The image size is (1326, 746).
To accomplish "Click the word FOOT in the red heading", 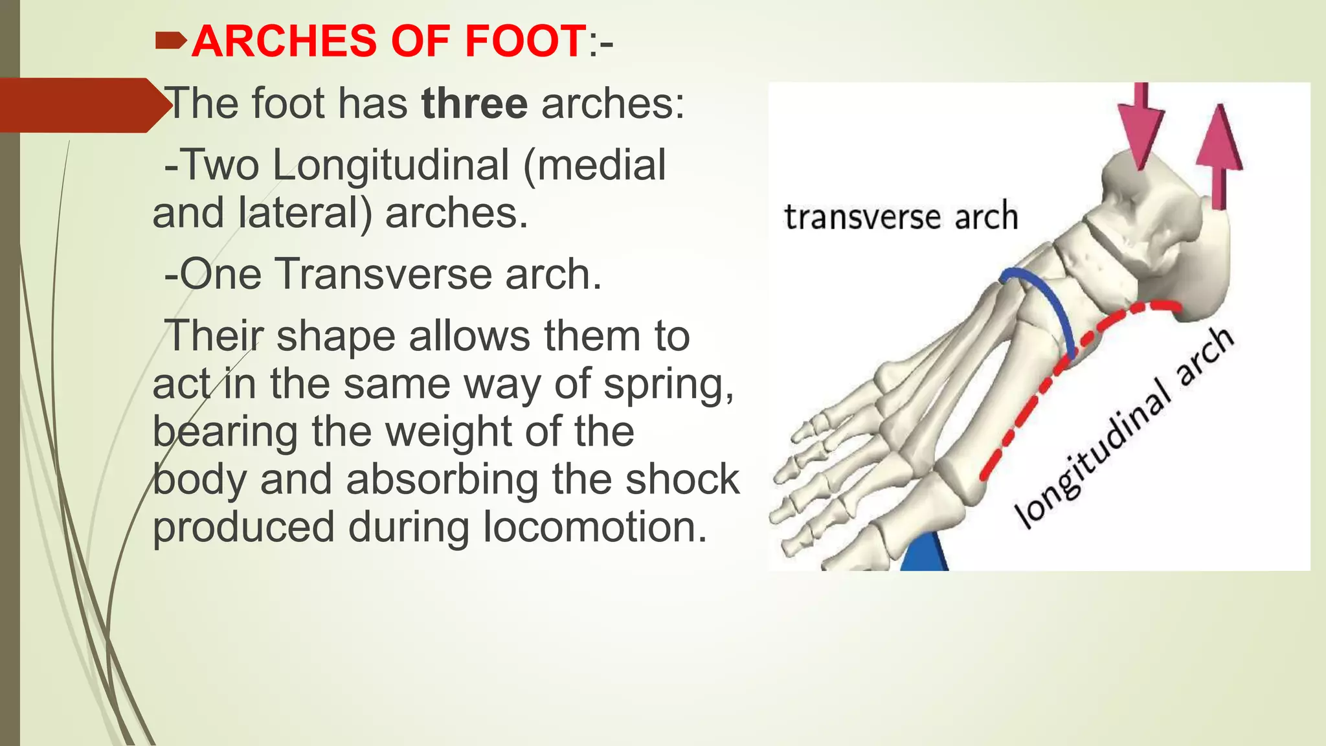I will click(525, 41).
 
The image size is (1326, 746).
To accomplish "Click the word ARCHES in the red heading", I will click(284, 41).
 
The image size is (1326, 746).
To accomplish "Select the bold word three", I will click(474, 104).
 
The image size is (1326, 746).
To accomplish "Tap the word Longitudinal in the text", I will click(390, 165).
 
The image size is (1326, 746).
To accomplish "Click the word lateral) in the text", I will click(304, 213).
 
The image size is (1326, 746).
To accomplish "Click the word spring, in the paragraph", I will click(669, 385).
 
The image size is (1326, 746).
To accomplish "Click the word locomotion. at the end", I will click(595, 527).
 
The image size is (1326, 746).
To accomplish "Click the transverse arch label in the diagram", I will click(901, 217).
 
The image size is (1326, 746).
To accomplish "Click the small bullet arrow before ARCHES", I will click(171, 42).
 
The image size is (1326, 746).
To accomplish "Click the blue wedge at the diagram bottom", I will click(924, 555).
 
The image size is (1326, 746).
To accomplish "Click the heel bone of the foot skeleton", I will click(1204, 272).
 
